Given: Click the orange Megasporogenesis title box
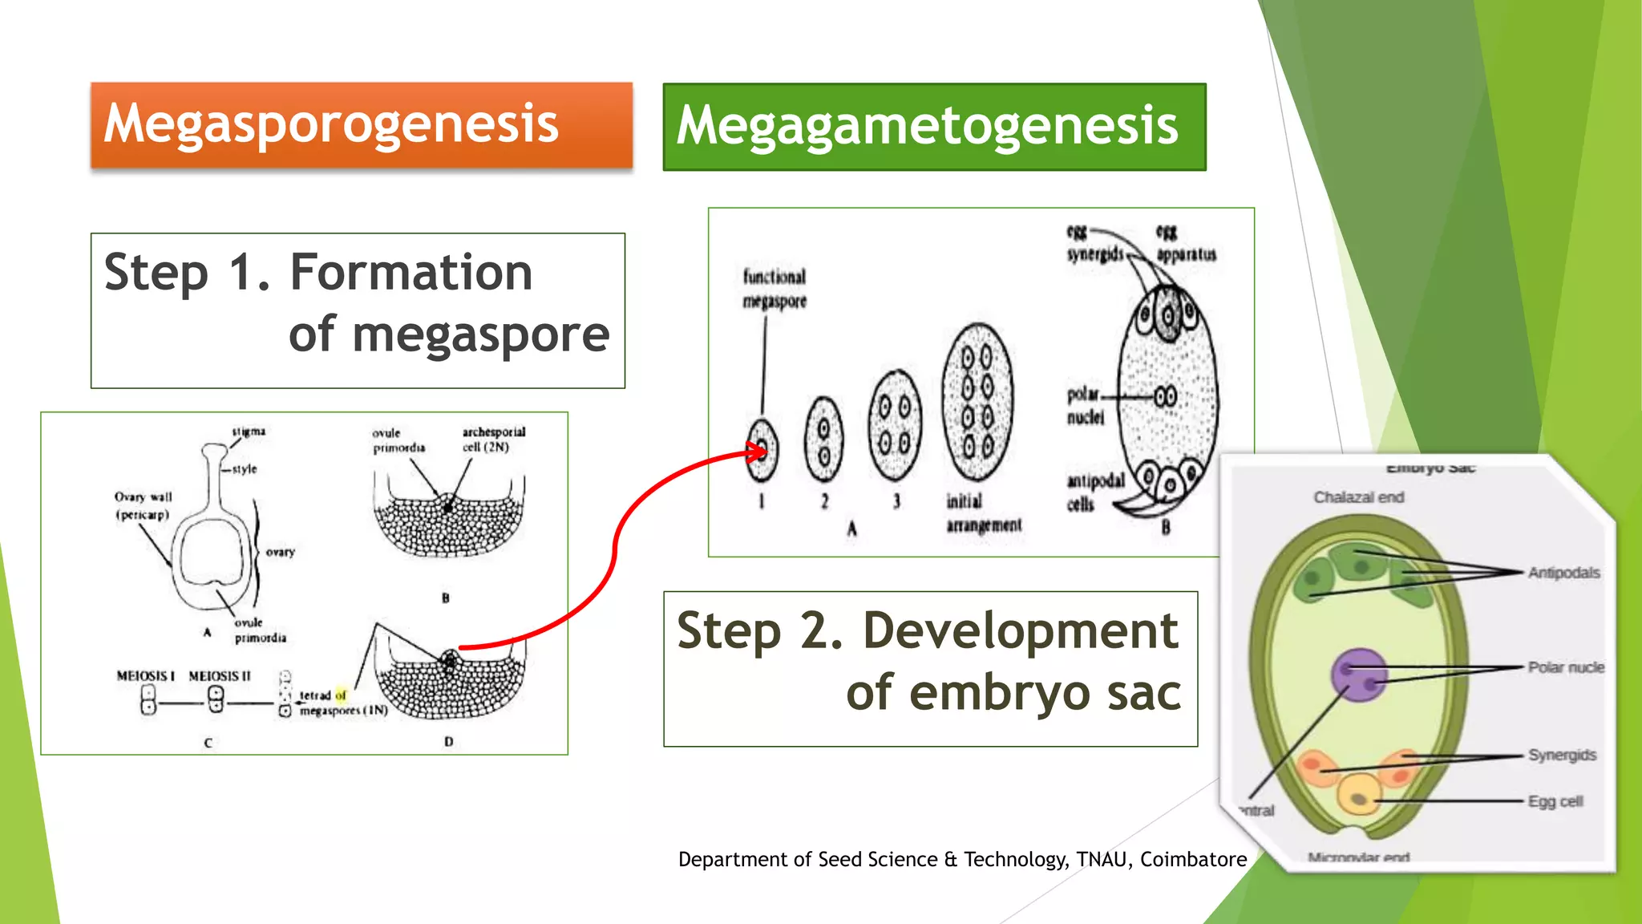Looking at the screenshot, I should [x=361, y=125].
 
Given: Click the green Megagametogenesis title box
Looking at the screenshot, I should [x=934, y=127].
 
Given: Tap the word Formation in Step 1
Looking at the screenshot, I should [x=411, y=273].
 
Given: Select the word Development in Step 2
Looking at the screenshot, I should [x=1020, y=630].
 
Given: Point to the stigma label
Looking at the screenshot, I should [x=249, y=432].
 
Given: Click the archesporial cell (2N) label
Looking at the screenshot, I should [x=492, y=440].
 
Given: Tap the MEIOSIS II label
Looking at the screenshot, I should [x=219, y=676].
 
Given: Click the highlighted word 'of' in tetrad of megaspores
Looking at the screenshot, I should [x=341, y=695].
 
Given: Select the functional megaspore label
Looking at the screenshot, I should [x=774, y=289].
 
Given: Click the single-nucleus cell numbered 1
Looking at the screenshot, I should [x=761, y=450].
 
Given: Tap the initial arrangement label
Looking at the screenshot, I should [x=983, y=513].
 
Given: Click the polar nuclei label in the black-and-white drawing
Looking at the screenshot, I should [x=1084, y=406].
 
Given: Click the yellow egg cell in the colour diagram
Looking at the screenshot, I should [x=1359, y=793].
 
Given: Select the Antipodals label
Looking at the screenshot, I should [x=1563, y=573].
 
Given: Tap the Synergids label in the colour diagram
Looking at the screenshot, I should [x=1561, y=756].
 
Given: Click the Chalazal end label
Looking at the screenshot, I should [x=1358, y=497].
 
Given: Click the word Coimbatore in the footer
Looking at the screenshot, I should [x=1193, y=860].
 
